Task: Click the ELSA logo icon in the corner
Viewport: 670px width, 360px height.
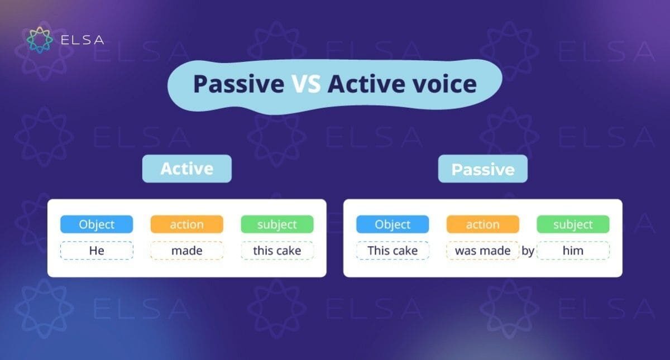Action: click(x=40, y=40)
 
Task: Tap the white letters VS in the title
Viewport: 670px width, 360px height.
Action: click(x=305, y=84)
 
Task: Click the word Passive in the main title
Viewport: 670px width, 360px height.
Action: click(x=238, y=84)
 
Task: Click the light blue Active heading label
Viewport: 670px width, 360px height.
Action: click(x=186, y=169)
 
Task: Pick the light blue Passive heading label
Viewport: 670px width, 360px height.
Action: click(x=482, y=169)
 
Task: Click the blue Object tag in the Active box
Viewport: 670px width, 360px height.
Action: click(x=97, y=224)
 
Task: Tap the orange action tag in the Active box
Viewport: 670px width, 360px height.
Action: click(x=186, y=224)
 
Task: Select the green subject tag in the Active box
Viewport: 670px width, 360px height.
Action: click(x=277, y=224)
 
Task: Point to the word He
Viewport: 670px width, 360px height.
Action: click(x=97, y=251)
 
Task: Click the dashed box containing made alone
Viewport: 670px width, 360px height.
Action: click(x=186, y=251)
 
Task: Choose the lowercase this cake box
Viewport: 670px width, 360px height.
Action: click(x=277, y=251)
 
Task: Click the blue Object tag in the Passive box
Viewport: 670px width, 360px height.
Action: click(x=393, y=224)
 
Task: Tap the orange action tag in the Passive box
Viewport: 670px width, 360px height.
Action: click(x=482, y=224)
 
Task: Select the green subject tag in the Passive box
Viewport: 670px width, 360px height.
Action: click(x=573, y=224)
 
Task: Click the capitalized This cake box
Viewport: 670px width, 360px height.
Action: click(x=393, y=251)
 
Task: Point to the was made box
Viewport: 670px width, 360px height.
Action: click(x=482, y=251)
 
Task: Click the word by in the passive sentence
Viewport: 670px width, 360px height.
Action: click(x=528, y=251)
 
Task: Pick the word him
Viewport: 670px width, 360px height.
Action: click(x=573, y=251)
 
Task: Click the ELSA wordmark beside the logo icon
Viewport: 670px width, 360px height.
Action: click(x=82, y=40)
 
